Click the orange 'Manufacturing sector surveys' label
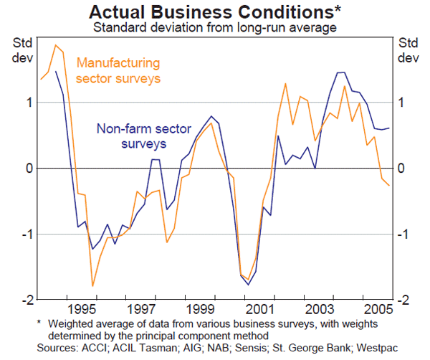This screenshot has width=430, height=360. (118, 70)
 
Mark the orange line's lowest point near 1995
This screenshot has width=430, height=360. (92, 285)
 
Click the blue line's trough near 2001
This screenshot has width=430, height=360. (249, 285)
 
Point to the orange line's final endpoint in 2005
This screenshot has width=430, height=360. (390, 185)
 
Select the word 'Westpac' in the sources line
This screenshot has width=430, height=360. (375, 349)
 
